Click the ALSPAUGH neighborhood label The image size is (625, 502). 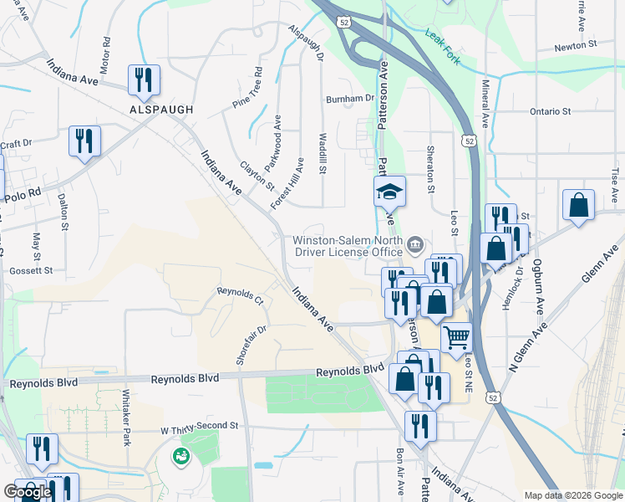point(161,110)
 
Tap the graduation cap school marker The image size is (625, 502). point(389,192)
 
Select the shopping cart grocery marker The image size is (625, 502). point(456,338)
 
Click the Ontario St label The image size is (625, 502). point(550,111)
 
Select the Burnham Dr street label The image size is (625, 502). point(350,98)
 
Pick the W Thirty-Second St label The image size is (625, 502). point(200,426)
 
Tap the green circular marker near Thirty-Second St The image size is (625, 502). point(180,457)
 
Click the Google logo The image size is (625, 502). point(28,492)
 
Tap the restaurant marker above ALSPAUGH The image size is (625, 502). point(144,80)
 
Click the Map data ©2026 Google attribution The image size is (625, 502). point(572,494)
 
